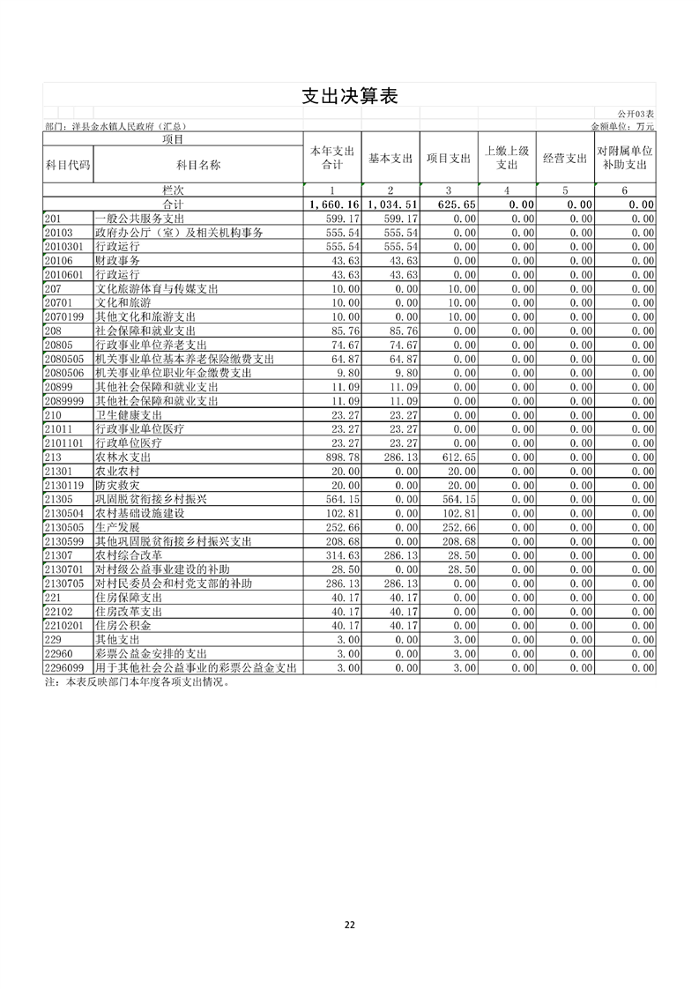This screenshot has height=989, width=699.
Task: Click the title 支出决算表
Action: pos(349,96)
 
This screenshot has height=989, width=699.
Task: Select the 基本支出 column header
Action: pos(390,159)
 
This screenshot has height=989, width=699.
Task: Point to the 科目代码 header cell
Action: pos(67,165)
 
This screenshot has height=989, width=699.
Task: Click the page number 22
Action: pos(350,925)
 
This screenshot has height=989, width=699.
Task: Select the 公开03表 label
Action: pos(636,115)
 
